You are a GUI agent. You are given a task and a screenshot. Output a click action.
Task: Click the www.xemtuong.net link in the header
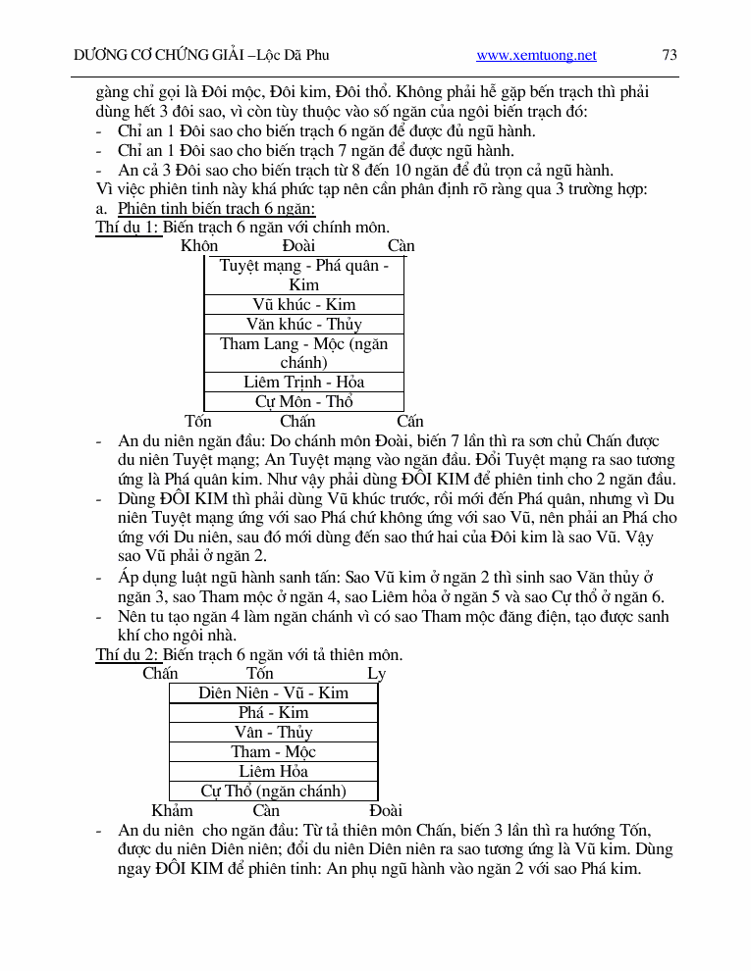point(536,56)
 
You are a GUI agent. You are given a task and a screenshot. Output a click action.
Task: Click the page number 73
point(671,56)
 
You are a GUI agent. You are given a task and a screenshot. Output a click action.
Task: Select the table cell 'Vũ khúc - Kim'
point(304,305)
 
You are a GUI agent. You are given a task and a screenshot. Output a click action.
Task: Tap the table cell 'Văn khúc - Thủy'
point(304,325)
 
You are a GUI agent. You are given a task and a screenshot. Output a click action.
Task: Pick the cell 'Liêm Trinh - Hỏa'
point(304,383)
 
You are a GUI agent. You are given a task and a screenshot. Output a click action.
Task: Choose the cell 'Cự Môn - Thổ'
point(304,401)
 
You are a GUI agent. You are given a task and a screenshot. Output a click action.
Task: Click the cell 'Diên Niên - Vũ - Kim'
point(273,693)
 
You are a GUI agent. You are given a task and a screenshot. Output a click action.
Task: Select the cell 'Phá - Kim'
point(273,713)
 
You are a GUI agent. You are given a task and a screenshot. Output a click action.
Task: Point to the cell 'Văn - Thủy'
point(273,733)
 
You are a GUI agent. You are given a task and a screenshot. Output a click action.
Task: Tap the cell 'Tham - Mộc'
point(273,752)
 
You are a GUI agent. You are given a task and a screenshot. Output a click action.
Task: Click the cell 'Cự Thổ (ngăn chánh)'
point(273,791)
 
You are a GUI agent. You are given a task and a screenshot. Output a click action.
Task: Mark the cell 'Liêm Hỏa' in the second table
point(273,772)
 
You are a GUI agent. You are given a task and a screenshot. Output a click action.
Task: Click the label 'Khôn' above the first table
point(199,246)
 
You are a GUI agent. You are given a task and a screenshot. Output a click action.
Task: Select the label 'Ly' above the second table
point(376,674)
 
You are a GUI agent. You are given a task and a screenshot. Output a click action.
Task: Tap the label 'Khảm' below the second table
point(172,811)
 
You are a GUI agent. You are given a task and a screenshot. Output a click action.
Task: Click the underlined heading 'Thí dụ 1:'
point(127,228)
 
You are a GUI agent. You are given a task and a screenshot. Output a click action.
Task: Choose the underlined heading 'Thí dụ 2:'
point(127,655)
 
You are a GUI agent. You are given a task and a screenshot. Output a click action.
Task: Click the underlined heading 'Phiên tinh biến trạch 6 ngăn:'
point(216,209)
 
